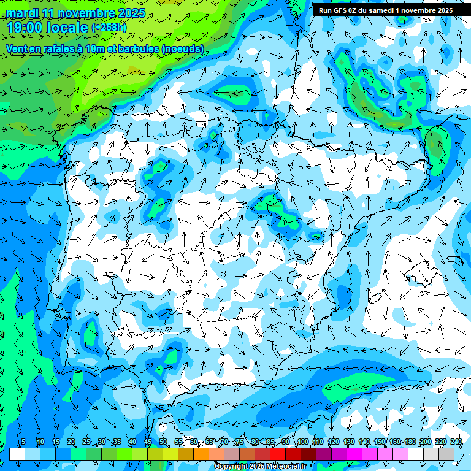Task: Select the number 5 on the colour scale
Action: tap(23, 442)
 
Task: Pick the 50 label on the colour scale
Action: tap(163, 442)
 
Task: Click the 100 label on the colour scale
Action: tap(302, 442)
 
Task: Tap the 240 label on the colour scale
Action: tap(456, 442)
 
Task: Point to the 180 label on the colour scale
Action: tap(410, 442)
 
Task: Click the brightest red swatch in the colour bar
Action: tap(278, 454)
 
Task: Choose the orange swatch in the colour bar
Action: tap(201, 454)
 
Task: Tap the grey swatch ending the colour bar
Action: tap(446, 454)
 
